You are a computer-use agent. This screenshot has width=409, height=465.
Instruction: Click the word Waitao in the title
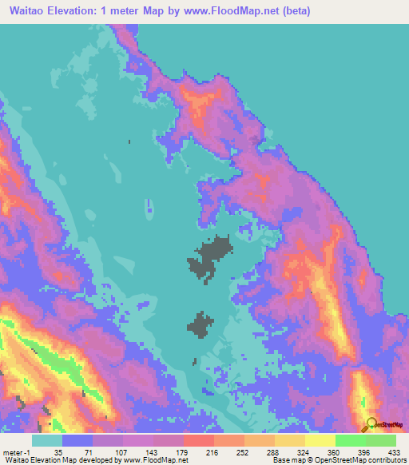click(25, 11)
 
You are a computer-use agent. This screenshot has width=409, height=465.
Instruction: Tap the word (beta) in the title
click(293, 11)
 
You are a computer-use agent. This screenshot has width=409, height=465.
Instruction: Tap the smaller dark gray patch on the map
click(201, 324)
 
